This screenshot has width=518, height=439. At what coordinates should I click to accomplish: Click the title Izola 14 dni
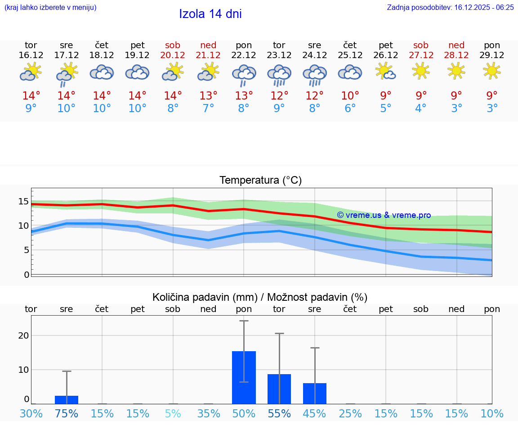pyautogui.click(x=210, y=14)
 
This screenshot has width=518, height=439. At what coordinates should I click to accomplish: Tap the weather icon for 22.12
pyautogui.click(x=244, y=74)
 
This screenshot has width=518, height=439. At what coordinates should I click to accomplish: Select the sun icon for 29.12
pyautogui.click(x=491, y=71)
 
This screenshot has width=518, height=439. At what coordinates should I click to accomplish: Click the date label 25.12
pyautogui.click(x=350, y=55)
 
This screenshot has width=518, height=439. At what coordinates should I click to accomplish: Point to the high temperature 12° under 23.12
pyautogui.click(x=279, y=96)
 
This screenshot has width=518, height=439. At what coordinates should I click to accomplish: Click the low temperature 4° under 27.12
pyautogui.click(x=421, y=109)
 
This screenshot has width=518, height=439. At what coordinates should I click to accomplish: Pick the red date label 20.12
pyautogui.click(x=173, y=55)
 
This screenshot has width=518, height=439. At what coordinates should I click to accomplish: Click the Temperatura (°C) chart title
pyautogui.click(x=260, y=181)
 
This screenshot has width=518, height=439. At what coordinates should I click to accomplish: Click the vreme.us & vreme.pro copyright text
pyautogui.click(x=384, y=215)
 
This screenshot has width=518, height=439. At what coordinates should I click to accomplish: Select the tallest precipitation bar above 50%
pyautogui.click(x=244, y=377)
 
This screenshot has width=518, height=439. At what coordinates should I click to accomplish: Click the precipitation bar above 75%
pyautogui.click(x=67, y=400)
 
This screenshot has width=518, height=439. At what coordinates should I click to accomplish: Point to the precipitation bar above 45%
pyautogui.click(x=315, y=393)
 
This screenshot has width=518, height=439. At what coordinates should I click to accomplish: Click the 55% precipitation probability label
pyautogui.click(x=279, y=414)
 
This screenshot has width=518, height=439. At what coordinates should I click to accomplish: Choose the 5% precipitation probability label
pyautogui.click(x=173, y=414)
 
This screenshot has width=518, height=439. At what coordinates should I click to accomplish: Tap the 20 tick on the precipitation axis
pyautogui.click(x=23, y=335)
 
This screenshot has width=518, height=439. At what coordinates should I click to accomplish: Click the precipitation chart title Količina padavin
pyautogui.click(x=260, y=297)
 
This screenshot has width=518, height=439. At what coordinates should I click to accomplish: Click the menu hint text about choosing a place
pyautogui.click(x=50, y=7)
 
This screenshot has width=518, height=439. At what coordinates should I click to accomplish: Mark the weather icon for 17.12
pyautogui.click(x=67, y=74)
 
